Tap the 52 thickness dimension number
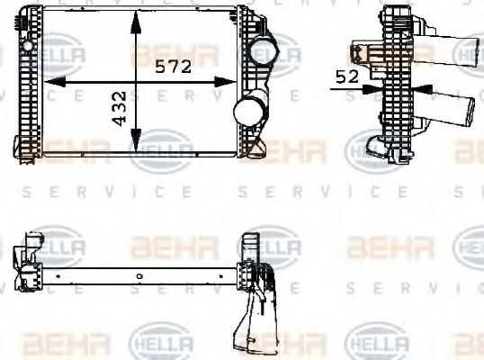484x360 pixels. [x=347, y=78]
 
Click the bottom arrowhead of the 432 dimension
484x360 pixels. [x=135, y=147]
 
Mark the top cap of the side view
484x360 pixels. [x=396, y=13]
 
